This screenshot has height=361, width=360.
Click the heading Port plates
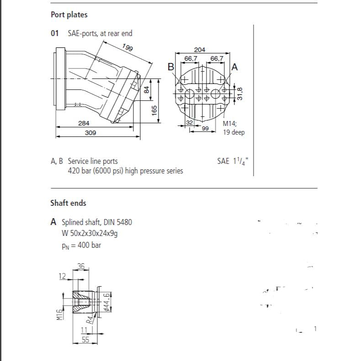(69, 15)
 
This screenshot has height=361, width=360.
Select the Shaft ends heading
(68, 203)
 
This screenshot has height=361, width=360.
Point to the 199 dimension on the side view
(127, 47)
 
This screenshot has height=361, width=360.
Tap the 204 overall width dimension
(200, 50)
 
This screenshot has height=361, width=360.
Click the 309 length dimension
(90, 133)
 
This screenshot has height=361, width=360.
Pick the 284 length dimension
(84, 123)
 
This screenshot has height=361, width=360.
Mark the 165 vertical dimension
(154, 110)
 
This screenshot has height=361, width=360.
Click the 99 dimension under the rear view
(206, 129)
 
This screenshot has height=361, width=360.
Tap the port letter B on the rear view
(171, 67)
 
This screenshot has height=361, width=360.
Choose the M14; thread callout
(230, 124)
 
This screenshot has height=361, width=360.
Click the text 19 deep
(234, 132)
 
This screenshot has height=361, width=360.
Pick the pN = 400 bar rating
(81, 245)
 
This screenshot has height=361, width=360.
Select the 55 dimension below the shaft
(85, 340)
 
